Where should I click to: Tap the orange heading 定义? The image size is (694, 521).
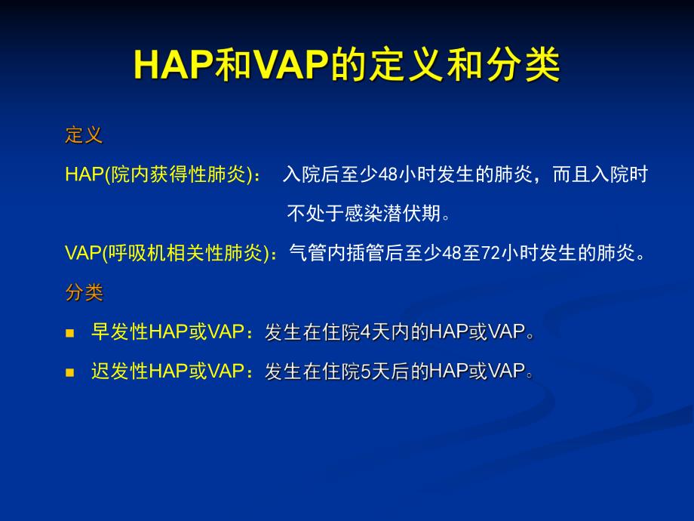point(84,136)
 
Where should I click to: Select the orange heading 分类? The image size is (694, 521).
point(84,292)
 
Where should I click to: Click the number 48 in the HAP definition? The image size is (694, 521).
point(387,175)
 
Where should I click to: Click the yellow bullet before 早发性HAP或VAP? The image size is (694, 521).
point(70,333)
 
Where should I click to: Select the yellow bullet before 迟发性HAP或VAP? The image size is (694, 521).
point(70,372)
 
